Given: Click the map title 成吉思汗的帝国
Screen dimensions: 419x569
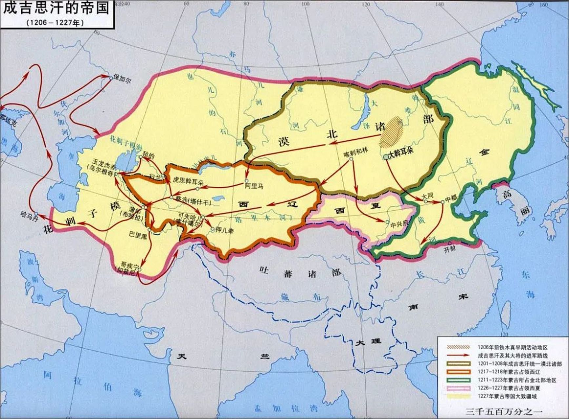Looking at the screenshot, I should coord(56,8).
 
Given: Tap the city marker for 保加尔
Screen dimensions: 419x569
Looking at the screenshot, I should coord(111,78).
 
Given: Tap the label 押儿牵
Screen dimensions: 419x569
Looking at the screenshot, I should coord(225,230).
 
